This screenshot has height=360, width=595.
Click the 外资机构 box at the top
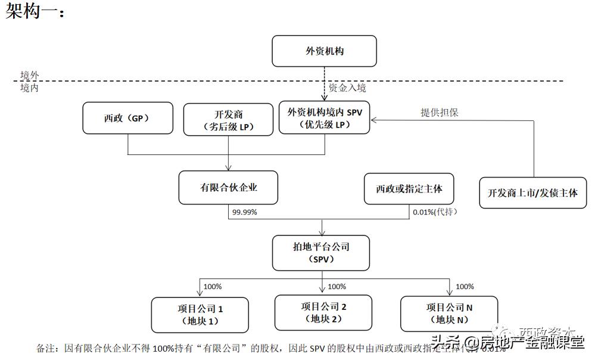tap(324, 51)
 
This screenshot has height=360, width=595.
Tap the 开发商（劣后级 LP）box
tap(228, 119)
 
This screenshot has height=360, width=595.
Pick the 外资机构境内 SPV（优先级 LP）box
tap(325, 117)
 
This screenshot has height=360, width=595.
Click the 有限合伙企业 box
tap(229, 187)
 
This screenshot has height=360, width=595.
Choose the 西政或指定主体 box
tap(409, 188)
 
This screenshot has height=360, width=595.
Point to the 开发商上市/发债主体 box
tap(532, 193)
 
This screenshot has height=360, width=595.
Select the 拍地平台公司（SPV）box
tap(322, 253)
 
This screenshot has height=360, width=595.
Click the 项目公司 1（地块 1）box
tap(200, 314)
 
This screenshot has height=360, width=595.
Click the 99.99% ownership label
tap(245, 212)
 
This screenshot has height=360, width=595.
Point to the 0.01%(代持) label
tap(435, 212)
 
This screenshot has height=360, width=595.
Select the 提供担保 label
tap(440, 113)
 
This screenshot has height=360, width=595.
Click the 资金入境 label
tap(347, 88)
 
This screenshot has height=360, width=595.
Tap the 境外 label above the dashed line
tap(30, 75)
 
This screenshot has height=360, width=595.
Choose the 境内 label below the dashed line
tap(30, 88)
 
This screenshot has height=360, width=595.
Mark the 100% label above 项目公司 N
tap(465, 287)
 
